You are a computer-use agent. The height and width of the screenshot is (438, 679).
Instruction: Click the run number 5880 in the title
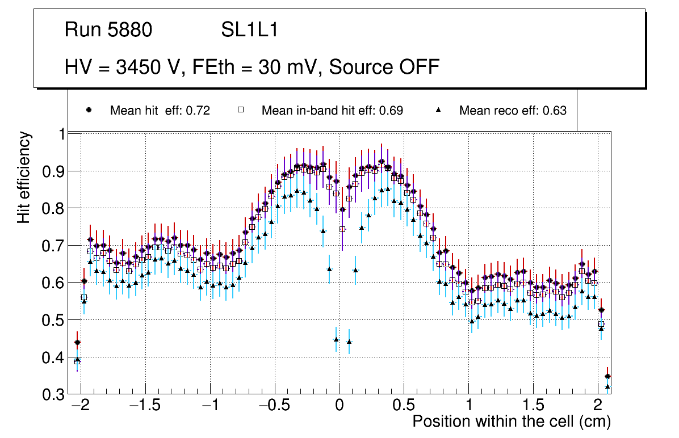click(130, 30)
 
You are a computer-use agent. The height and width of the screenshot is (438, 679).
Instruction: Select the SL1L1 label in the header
click(249, 30)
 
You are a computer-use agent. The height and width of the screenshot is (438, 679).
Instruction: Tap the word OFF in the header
click(417, 67)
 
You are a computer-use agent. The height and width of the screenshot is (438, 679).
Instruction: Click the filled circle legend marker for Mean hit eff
click(89, 110)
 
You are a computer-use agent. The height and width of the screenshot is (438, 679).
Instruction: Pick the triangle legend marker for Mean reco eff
click(438, 110)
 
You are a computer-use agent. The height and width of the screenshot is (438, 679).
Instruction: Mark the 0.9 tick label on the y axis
click(53, 171)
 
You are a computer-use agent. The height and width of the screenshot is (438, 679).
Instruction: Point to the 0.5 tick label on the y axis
click(53, 321)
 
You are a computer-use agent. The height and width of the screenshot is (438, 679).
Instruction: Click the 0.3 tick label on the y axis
click(53, 395)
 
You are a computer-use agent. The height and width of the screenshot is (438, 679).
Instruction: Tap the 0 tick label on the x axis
click(339, 406)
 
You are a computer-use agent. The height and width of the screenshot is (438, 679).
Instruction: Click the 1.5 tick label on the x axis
click(533, 406)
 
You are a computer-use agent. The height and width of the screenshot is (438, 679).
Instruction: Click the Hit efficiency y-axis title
click(24, 177)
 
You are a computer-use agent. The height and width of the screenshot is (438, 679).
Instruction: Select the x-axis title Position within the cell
click(511, 422)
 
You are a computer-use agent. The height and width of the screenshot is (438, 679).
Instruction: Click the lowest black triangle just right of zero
click(349, 342)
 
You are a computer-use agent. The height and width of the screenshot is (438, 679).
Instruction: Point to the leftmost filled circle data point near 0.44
click(77, 342)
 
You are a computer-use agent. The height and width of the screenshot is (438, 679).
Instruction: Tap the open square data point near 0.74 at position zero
click(342, 229)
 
